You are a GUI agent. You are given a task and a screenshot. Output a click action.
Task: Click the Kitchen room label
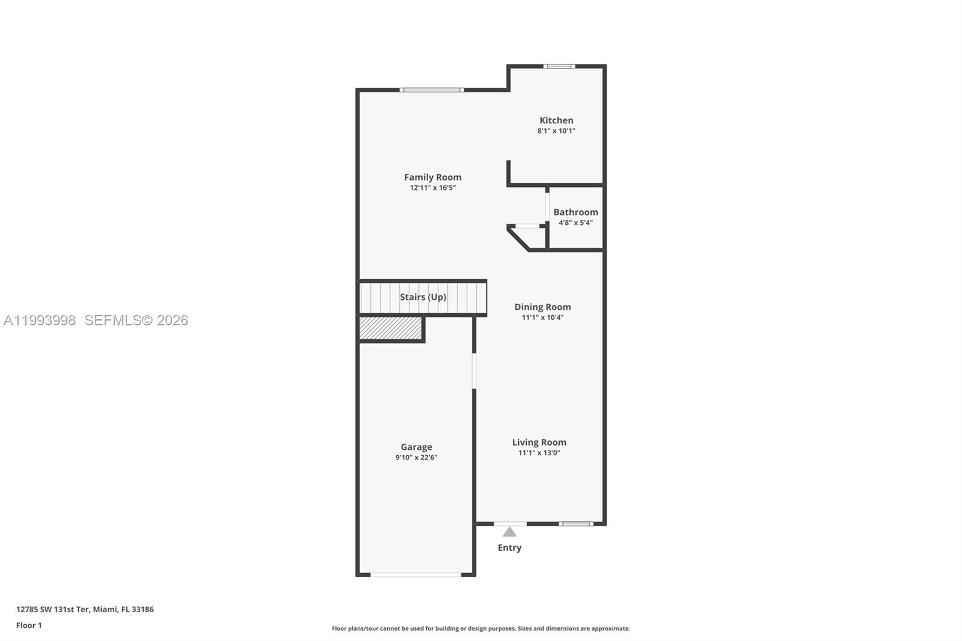click(x=556, y=120)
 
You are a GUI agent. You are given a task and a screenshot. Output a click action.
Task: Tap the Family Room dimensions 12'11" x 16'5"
click(x=433, y=188)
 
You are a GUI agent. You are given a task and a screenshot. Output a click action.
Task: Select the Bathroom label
click(x=575, y=212)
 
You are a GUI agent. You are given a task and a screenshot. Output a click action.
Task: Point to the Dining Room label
click(x=542, y=307)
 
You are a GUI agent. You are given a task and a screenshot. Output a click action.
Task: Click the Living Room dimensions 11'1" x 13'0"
click(x=539, y=453)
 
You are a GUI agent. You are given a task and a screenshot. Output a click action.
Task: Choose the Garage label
click(x=416, y=447)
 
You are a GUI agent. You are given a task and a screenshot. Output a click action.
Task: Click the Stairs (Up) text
click(x=423, y=297)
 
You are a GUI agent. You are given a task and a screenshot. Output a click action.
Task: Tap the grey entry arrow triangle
click(x=509, y=532)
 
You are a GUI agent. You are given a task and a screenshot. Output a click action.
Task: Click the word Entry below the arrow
click(x=509, y=548)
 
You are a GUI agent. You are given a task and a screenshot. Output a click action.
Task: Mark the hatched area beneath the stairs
click(x=390, y=328)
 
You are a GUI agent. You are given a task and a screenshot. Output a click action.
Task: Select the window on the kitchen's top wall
click(x=559, y=66)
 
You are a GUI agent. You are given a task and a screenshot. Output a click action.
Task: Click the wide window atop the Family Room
click(x=432, y=90)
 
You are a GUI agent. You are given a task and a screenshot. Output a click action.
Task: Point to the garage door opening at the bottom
click(x=415, y=575)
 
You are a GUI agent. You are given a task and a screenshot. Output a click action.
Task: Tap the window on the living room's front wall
click(x=576, y=524)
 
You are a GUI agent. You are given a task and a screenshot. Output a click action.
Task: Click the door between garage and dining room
click(x=474, y=371)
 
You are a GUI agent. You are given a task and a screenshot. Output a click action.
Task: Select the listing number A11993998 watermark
click(x=40, y=320)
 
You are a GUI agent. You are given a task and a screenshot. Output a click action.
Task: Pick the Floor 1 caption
click(x=29, y=625)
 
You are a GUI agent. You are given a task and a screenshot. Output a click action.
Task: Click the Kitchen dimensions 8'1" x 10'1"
click(x=556, y=130)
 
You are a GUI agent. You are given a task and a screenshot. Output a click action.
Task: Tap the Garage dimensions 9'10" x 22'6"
click(x=416, y=458)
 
